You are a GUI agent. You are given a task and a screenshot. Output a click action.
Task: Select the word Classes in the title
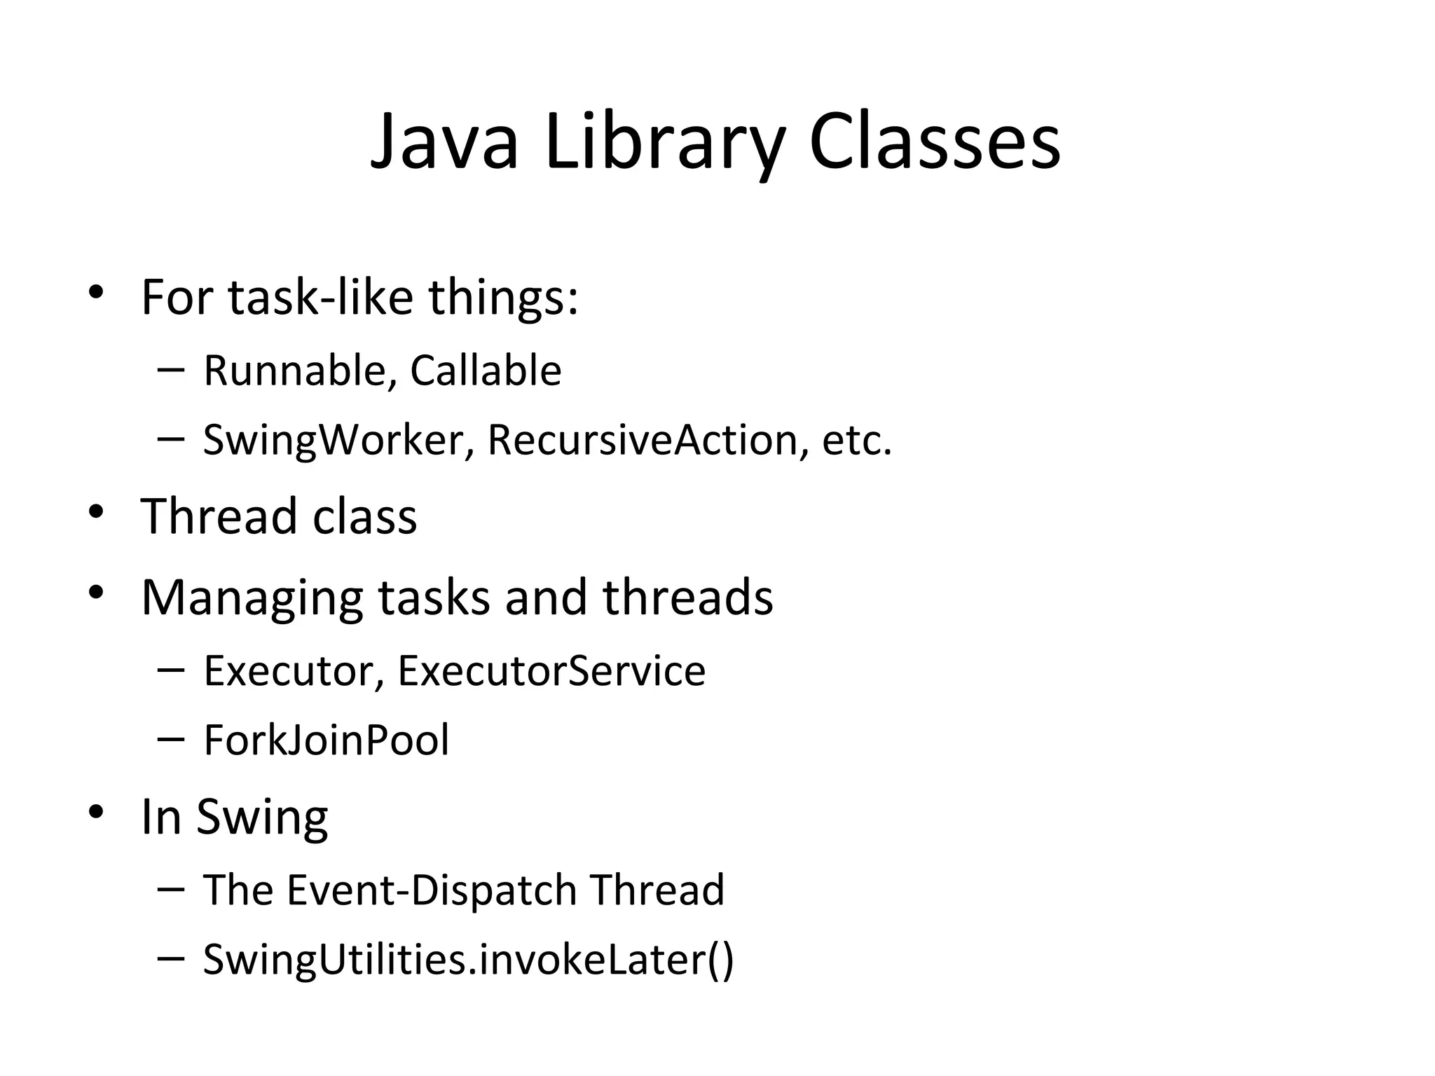pos(935,143)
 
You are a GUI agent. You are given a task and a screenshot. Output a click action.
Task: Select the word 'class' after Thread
pos(364,516)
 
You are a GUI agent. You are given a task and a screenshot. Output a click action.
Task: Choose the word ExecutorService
pos(551,670)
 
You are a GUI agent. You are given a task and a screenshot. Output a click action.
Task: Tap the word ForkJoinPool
pos(327,740)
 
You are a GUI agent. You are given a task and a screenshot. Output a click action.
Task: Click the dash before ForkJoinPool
pos(172,739)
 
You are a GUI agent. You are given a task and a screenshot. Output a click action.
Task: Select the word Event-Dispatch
pos(432,890)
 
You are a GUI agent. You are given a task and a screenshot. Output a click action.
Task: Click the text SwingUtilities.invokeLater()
pos(468,960)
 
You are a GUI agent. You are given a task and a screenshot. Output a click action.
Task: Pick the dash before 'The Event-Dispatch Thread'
pos(172,889)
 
